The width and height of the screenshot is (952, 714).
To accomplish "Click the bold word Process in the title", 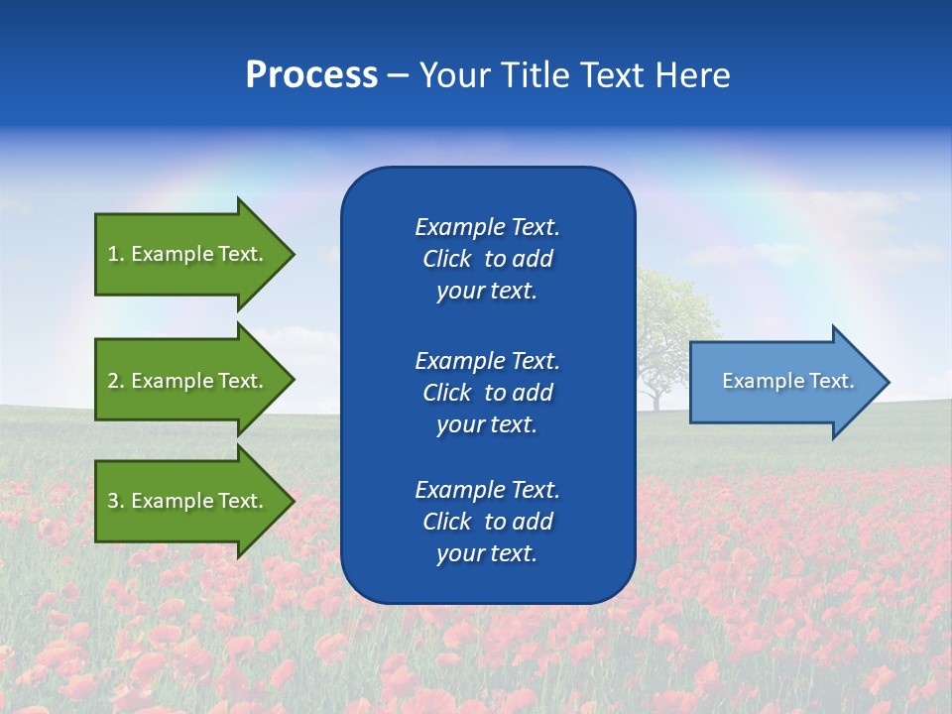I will click(311, 75).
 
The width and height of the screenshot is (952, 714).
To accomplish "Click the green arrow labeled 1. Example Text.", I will click(188, 254).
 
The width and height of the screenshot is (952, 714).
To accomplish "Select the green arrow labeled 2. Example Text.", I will click(188, 381).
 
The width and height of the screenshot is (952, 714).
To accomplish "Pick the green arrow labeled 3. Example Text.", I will click(188, 501).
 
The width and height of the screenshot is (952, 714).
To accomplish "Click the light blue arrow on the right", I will click(783, 382).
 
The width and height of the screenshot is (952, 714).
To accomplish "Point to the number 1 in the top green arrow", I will click(114, 254).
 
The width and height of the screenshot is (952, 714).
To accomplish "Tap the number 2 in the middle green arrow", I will click(114, 381).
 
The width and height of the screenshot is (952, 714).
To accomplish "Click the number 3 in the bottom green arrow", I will click(114, 501).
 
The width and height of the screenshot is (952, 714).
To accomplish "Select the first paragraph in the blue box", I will click(487, 259).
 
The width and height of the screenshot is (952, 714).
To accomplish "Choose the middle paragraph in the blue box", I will click(487, 392).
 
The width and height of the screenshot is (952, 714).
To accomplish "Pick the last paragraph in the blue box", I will click(487, 522).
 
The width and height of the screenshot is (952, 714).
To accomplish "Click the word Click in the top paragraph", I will click(447, 259).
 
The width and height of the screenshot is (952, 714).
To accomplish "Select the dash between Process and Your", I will click(398, 75).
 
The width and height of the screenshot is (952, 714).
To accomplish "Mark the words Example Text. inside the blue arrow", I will click(787, 381).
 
